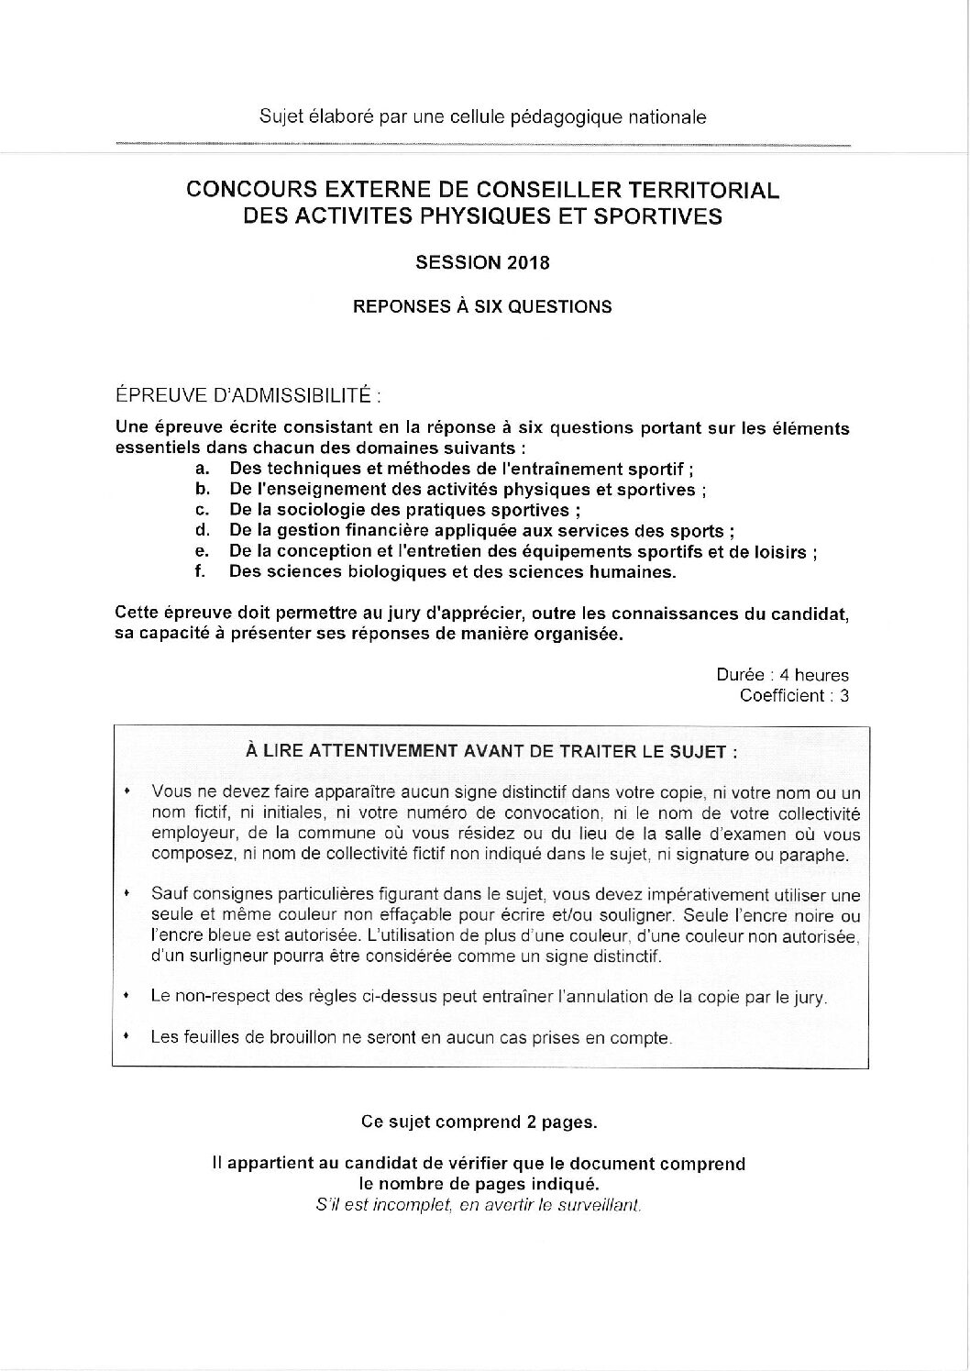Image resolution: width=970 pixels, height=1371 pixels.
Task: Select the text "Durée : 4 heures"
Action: point(782,675)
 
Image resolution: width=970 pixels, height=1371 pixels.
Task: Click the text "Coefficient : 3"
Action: point(794,695)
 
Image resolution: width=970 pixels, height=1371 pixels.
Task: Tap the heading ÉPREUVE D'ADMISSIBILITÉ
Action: point(245,396)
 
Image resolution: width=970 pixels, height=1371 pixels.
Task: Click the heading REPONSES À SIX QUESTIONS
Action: point(482,307)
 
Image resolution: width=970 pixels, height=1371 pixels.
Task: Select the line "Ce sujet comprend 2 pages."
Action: point(479,1122)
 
